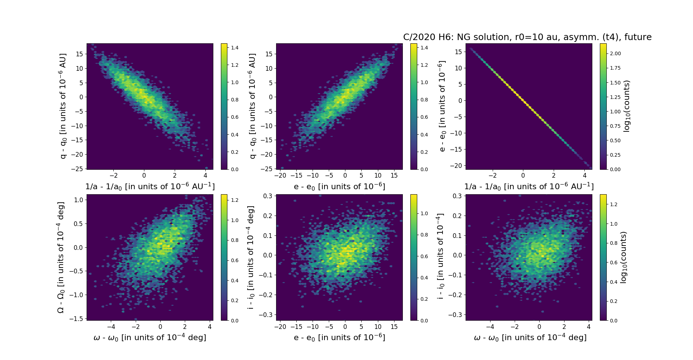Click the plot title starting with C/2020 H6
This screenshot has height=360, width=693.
527,37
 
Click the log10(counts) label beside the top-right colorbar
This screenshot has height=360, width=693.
627,106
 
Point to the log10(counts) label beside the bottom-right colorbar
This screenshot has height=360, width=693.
623,257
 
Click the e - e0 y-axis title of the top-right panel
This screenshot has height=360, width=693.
441,106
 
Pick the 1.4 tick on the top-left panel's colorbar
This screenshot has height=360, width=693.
235,48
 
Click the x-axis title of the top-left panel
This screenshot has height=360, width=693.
150,186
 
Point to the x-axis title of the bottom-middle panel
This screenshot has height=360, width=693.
339,337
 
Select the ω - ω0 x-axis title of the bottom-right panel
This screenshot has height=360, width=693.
530,337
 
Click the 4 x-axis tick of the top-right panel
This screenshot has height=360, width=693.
585,175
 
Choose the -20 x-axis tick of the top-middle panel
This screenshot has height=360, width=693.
280,175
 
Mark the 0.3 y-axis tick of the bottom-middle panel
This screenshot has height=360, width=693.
267,196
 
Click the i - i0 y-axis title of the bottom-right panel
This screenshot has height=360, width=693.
440,257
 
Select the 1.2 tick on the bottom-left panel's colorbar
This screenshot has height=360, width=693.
235,200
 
